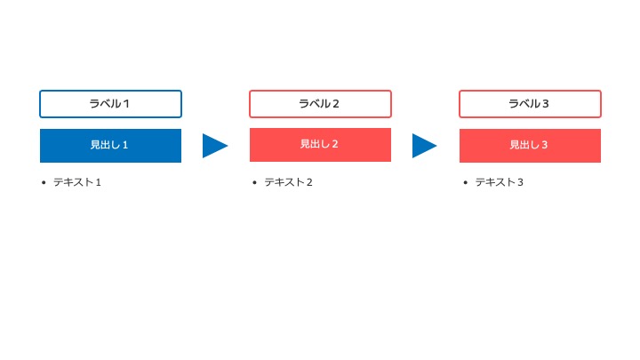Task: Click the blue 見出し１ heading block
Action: point(110,146)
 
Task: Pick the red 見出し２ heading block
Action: point(320,145)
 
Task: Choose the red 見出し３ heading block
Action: point(530,146)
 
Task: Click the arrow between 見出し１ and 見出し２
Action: point(215,146)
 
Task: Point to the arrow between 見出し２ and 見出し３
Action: point(425,146)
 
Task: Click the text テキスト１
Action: point(77,182)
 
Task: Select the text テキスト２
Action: point(288,182)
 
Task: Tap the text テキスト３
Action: point(499,182)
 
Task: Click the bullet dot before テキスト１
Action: point(44,182)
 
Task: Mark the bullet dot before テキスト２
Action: point(255,182)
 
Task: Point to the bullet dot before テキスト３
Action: point(465,182)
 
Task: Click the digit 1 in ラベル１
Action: point(126,104)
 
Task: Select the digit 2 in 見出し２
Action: point(335,144)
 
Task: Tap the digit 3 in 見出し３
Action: point(545,145)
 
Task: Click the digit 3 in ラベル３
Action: point(545,104)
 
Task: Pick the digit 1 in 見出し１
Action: point(125,145)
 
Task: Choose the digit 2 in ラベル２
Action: point(335,104)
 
